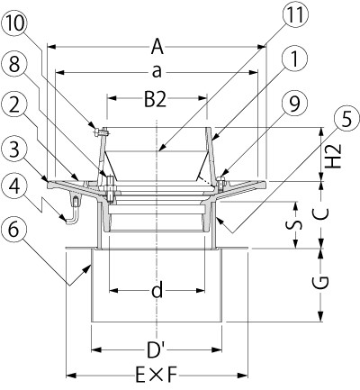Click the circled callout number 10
15,23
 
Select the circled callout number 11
294,15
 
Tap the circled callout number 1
294,59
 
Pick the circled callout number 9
294,104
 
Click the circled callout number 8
14,64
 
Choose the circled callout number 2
14,105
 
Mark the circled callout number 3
14,150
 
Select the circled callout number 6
13,231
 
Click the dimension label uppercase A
157,47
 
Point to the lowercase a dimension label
157,72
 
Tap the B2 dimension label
155,100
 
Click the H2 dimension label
333,156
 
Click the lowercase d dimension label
157,290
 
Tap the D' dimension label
156,350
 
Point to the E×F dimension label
157,376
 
